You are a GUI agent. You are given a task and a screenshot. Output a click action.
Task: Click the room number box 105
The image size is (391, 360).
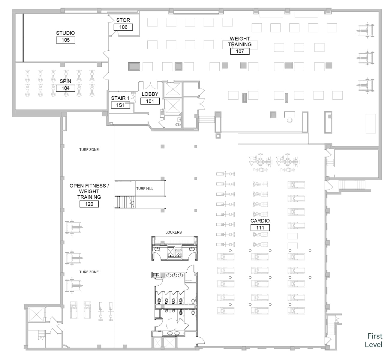[x=65, y=40]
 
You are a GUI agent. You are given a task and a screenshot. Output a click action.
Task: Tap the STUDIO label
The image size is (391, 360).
[x=65, y=33]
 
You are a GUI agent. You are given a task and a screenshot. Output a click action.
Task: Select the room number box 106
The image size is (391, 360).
[x=123, y=27]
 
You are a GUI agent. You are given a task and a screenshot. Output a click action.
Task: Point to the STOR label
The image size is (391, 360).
[x=123, y=20]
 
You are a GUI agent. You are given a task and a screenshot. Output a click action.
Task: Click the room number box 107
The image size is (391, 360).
[x=240, y=51]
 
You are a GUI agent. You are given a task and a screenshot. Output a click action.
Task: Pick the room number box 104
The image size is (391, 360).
[x=65, y=88]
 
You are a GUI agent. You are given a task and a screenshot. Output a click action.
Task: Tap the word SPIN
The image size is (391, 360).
[x=65, y=81]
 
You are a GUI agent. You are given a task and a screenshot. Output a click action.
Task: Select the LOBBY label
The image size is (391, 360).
[x=150, y=94]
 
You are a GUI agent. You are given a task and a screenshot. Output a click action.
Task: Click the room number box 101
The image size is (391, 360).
[x=150, y=101]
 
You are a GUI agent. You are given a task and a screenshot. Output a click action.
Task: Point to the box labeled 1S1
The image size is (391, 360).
[x=120, y=105]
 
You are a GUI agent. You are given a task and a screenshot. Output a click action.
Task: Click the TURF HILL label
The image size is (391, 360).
[x=145, y=188]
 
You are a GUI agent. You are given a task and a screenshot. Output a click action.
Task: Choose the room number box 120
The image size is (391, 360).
[x=89, y=204]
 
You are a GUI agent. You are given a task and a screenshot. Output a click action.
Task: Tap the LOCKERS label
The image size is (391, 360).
[x=173, y=232]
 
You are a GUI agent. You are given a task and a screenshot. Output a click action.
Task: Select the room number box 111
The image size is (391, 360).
[x=260, y=228]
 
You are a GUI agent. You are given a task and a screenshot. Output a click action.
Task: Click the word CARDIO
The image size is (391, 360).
[x=260, y=220]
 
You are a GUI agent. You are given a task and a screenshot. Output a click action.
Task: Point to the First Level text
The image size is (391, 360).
[x=374, y=340]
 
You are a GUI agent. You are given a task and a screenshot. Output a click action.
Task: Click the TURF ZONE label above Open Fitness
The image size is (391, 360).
[x=89, y=150]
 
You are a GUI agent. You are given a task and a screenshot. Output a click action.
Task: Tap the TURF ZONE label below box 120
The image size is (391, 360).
[x=89, y=272]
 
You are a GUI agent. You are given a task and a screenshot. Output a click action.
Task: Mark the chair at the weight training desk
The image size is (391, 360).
[x=290, y=120]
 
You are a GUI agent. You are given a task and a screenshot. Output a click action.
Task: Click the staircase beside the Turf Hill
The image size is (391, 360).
[x=125, y=202]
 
